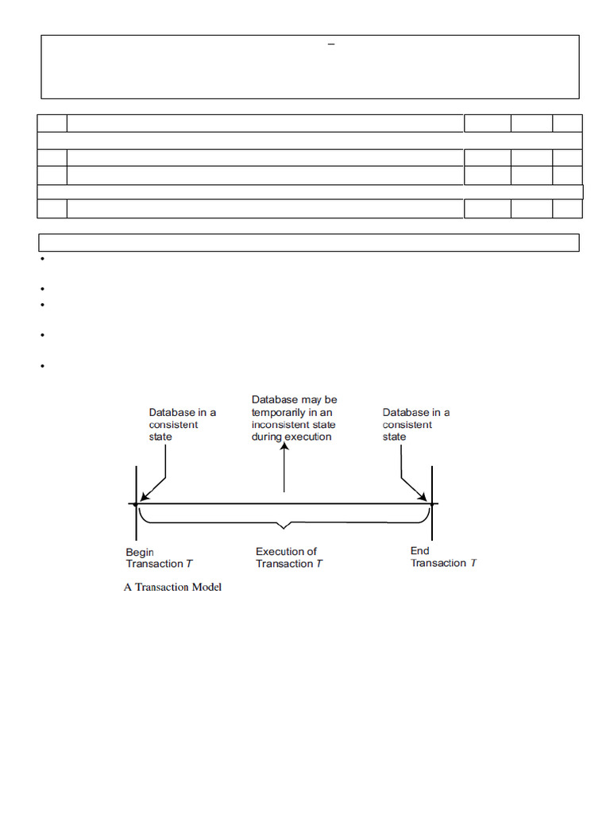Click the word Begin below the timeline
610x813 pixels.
click(140, 552)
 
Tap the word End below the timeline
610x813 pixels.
click(419, 551)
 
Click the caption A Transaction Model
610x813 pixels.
click(172, 588)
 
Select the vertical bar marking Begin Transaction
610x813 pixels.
click(136, 503)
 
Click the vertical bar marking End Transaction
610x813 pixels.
click(431, 503)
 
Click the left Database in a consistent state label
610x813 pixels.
click(182, 425)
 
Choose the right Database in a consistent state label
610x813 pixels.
click(415, 425)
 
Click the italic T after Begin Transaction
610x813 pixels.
click(189, 564)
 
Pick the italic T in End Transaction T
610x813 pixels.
click(473, 563)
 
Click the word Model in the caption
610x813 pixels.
click(205, 588)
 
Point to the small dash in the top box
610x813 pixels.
click(332, 45)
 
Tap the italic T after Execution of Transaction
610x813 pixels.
click(319, 564)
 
